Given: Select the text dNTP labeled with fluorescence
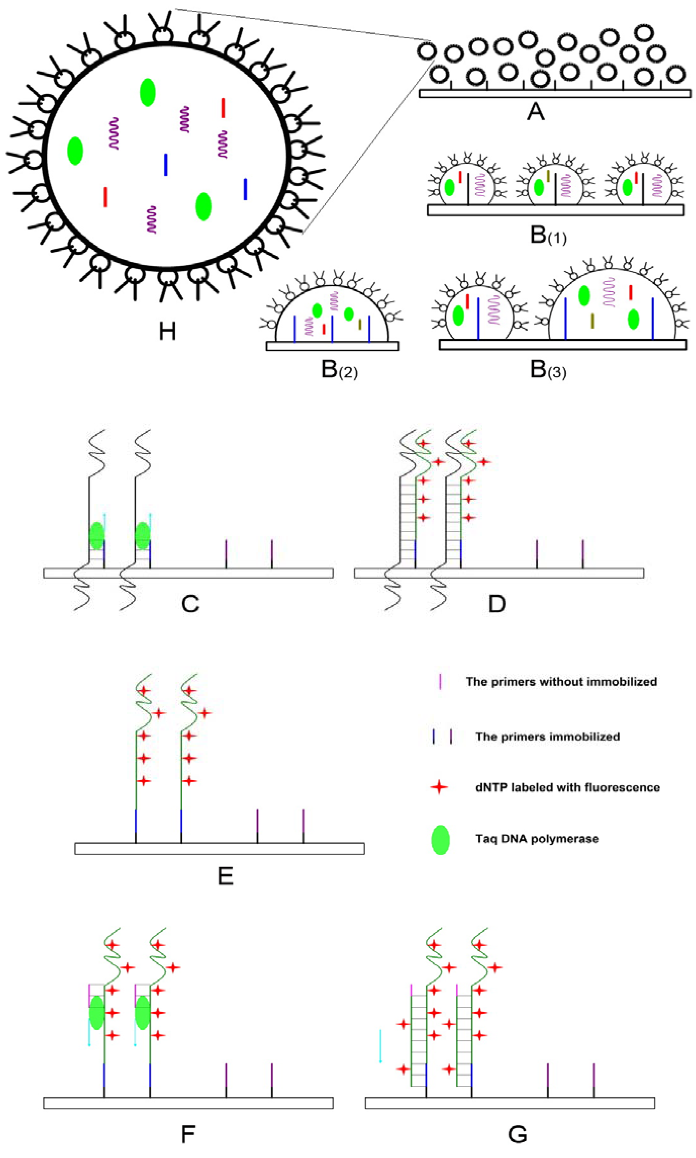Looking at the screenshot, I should pyautogui.click(x=568, y=787).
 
